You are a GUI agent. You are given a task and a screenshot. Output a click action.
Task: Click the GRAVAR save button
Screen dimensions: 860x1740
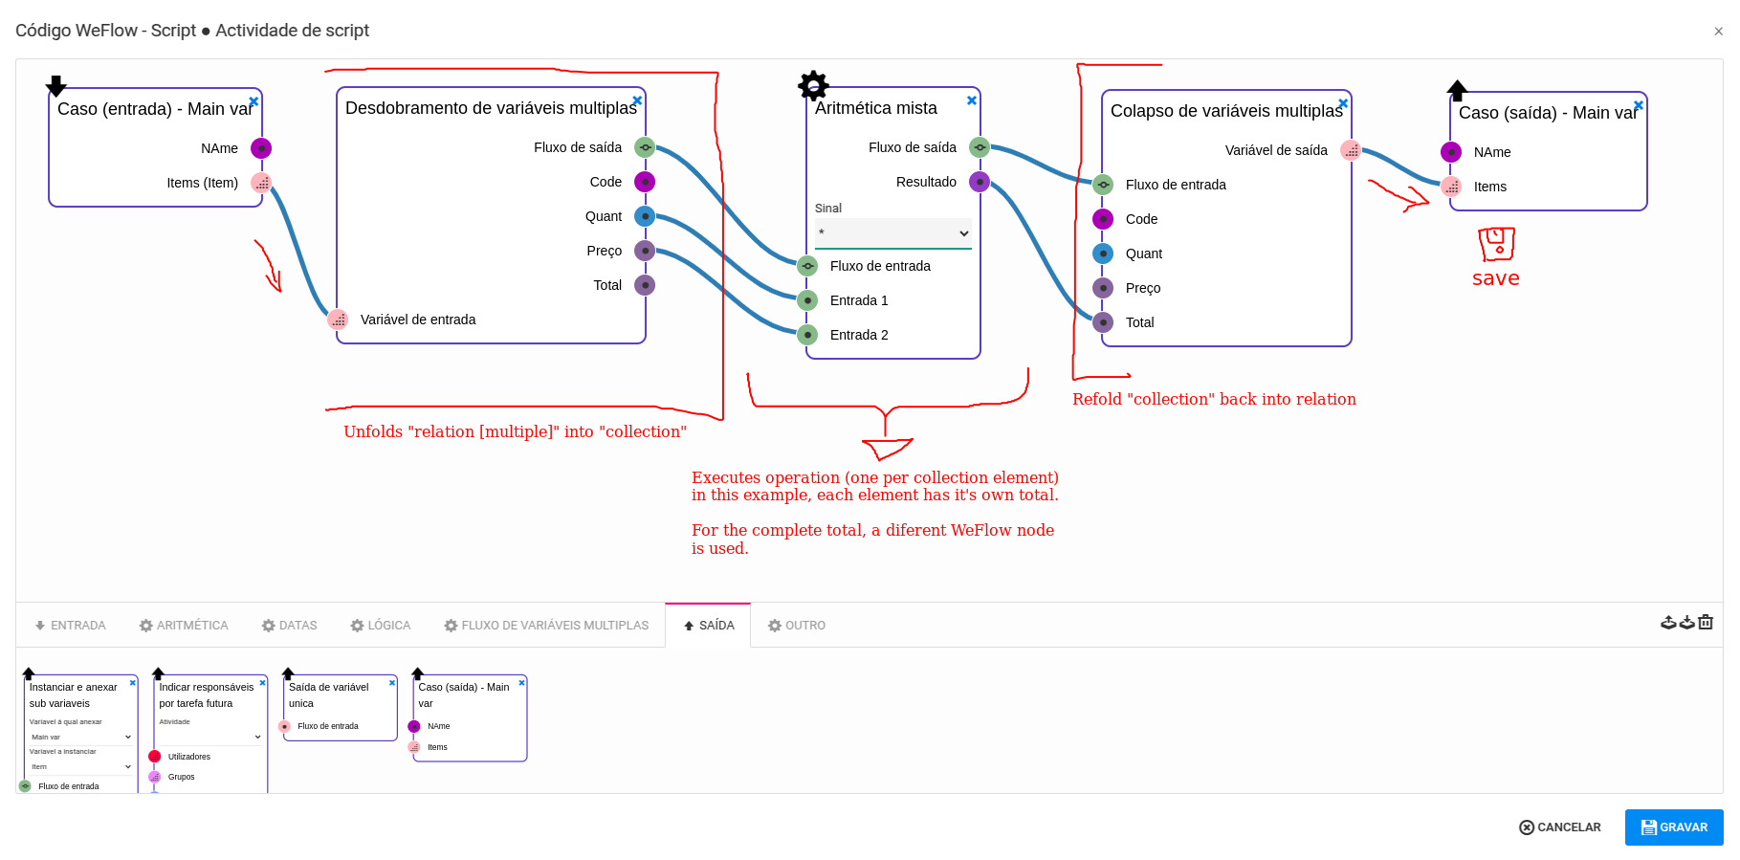pos(1673,827)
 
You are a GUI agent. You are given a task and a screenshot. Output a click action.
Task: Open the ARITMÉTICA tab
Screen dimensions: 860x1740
pos(184,626)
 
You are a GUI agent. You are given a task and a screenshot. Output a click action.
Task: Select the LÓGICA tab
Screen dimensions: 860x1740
pos(381,626)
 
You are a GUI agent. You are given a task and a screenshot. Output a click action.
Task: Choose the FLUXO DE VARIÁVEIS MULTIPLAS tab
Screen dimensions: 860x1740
pos(546,626)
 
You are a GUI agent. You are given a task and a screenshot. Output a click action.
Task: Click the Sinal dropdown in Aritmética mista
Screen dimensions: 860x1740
pos(892,233)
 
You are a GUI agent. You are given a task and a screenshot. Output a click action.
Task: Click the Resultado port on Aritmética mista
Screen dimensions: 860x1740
pos(979,182)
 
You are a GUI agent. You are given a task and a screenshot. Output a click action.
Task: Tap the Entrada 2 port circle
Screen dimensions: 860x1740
pos(808,335)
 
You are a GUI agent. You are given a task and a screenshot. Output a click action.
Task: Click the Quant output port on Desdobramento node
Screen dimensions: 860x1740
pos(645,216)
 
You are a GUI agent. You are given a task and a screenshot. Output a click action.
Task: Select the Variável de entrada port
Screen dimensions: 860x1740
pos(338,320)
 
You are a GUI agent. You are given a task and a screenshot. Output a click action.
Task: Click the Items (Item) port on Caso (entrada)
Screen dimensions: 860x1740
pos(261,183)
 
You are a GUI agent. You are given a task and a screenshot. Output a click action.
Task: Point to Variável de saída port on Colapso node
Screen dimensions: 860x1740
pos(1350,150)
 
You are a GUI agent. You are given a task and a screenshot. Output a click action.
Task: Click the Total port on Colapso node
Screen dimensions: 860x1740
pos(1103,322)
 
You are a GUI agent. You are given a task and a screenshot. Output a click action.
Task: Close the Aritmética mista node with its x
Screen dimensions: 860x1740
pos(972,100)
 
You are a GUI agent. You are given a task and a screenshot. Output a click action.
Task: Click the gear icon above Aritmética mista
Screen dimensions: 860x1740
pos(813,86)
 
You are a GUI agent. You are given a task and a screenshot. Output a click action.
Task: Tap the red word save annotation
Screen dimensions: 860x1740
pos(1495,278)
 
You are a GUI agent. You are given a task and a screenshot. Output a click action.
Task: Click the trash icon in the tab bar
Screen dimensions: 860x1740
pos(1706,623)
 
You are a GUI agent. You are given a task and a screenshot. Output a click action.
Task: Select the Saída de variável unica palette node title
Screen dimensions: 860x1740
pos(329,695)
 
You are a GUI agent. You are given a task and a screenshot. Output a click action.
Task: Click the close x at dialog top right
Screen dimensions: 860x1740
pos(1718,32)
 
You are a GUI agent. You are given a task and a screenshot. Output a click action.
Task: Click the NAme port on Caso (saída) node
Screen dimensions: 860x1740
pos(1451,152)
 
